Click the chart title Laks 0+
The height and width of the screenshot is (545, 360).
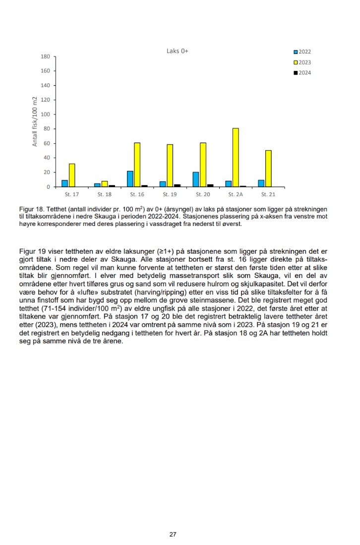click(177, 51)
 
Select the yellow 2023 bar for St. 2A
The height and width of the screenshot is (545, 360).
click(236, 158)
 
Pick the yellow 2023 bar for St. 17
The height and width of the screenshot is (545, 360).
click(72, 175)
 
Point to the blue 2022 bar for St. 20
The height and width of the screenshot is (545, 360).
click(196, 179)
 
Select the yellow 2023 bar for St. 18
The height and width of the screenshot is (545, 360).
click(105, 184)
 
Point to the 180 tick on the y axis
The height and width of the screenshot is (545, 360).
click(45, 56)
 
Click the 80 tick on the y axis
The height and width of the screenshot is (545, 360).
click(47, 129)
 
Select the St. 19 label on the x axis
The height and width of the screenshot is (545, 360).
click(170, 194)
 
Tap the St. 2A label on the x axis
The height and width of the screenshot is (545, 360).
click(236, 194)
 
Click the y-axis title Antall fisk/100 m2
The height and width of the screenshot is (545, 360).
click(35, 122)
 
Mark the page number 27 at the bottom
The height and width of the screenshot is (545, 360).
click(173, 534)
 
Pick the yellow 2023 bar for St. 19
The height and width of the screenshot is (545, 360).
click(170, 165)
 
